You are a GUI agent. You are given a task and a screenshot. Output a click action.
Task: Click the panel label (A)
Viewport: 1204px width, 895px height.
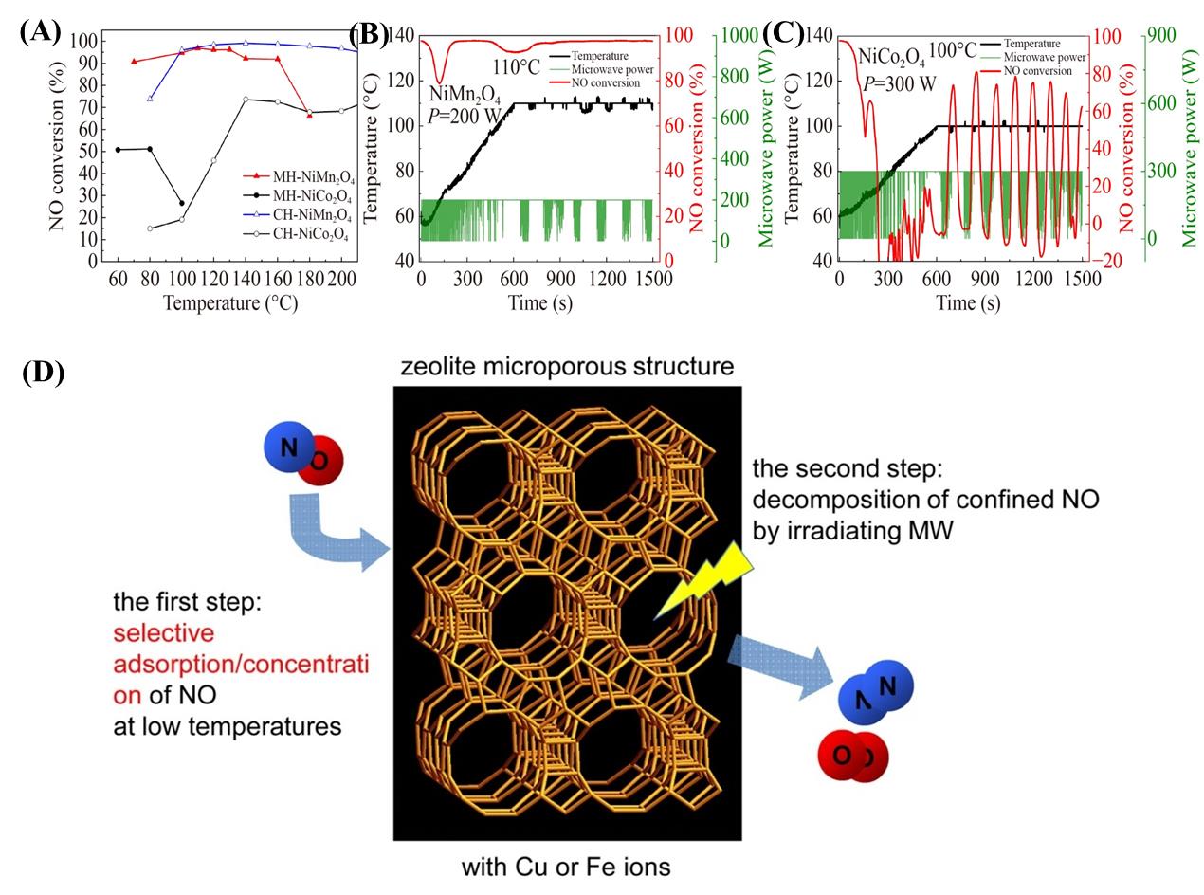[40, 31]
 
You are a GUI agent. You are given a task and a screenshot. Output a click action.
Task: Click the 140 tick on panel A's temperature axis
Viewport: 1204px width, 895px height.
[246, 279]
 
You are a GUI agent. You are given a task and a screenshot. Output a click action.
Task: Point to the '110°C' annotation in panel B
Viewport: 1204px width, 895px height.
[516, 68]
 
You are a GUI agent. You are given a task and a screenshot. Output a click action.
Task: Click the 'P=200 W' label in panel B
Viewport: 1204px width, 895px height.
[464, 115]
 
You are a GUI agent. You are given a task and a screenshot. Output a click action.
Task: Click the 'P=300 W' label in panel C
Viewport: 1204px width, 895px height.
[898, 83]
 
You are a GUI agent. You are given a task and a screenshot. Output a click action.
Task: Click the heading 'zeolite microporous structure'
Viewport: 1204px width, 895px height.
[567, 366]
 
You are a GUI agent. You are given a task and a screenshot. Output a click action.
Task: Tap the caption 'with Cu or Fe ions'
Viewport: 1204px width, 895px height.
[566, 867]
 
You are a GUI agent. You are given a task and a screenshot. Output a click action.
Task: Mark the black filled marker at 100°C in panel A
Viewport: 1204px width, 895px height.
[182, 203]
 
